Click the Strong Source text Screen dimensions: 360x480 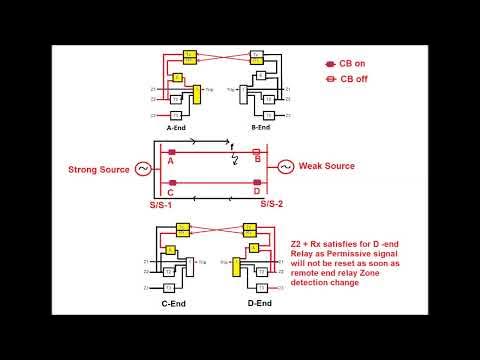[x=99, y=169]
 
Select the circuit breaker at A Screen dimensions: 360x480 [x=172, y=152]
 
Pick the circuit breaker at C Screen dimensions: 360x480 [x=172, y=183]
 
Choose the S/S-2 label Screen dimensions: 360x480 [x=275, y=204]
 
